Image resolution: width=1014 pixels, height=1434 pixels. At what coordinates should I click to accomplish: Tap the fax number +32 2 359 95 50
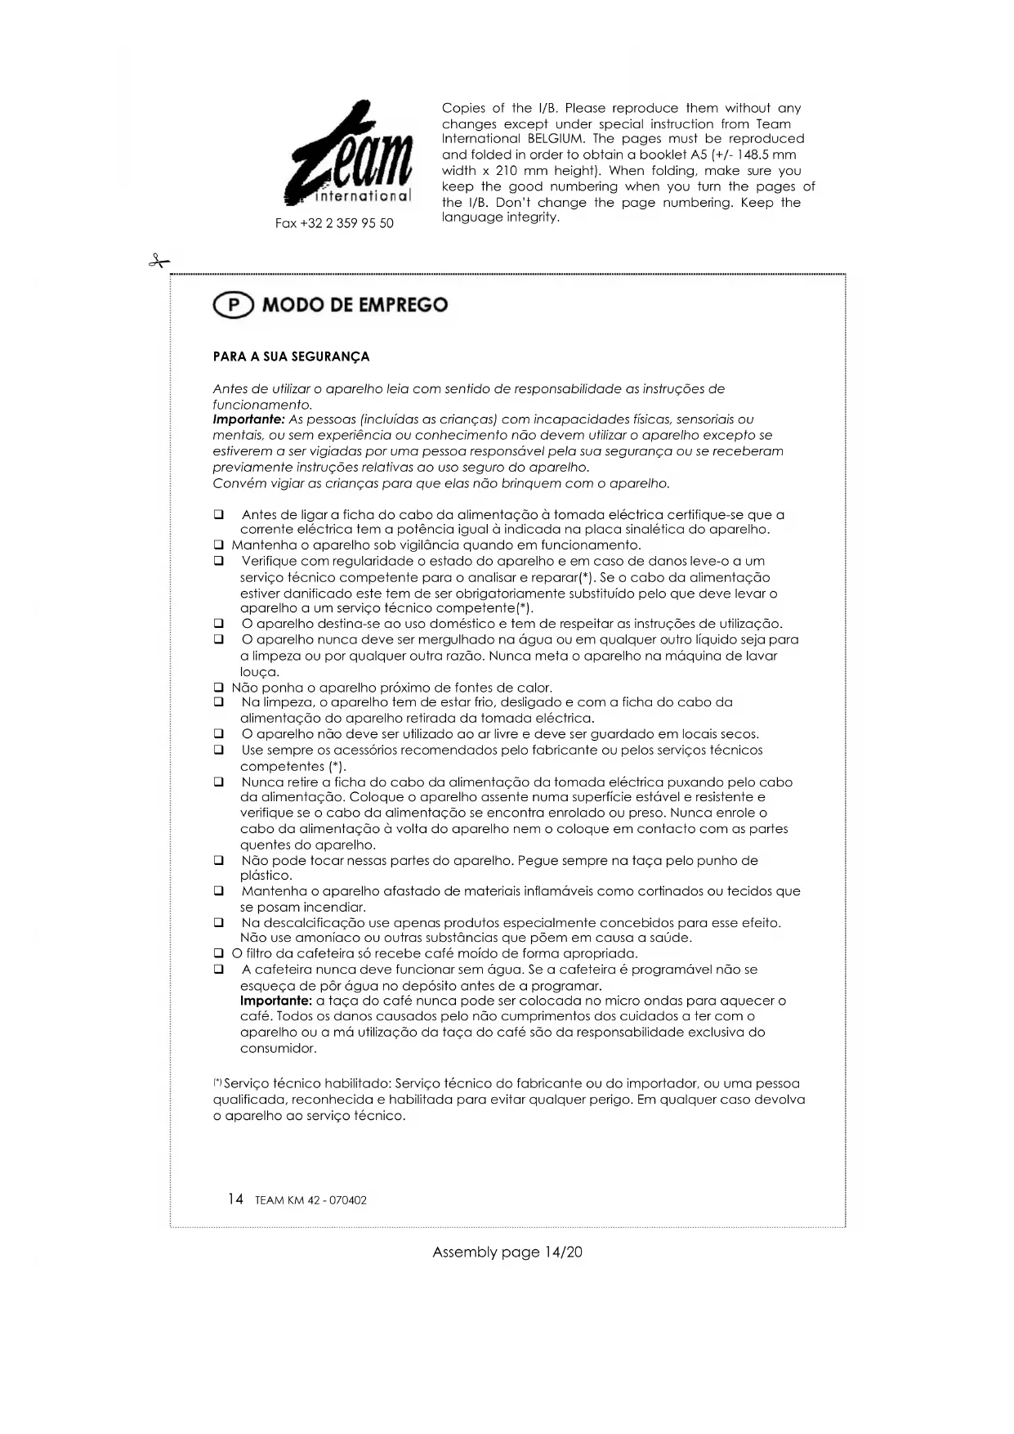(x=334, y=223)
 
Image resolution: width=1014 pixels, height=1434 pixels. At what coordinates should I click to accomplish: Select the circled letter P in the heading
(x=234, y=305)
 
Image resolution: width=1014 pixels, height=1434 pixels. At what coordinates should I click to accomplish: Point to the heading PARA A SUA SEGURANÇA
(x=291, y=356)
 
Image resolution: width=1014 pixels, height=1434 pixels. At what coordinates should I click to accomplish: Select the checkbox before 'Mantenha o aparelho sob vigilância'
(x=218, y=545)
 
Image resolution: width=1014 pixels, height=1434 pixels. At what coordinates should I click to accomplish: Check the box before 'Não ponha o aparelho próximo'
(x=218, y=688)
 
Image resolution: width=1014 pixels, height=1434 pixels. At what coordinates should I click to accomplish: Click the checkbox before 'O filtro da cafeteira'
(x=218, y=953)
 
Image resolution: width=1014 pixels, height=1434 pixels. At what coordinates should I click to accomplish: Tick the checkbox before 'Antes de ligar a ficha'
(x=218, y=515)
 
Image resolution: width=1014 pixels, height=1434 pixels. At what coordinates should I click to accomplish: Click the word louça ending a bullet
(x=260, y=672)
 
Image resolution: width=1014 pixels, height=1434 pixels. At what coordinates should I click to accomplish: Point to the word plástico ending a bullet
(x=266, y=876)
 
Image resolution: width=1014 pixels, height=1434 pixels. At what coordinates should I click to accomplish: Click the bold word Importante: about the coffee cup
(x=276, y=1001)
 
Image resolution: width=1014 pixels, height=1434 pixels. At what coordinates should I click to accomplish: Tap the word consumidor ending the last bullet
(x=278, y=1048)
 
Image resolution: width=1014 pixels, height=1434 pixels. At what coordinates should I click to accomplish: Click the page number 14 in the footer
(x=235, y=1199)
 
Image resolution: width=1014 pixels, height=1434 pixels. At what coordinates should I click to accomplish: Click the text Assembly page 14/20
(x=507, y=1252)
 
